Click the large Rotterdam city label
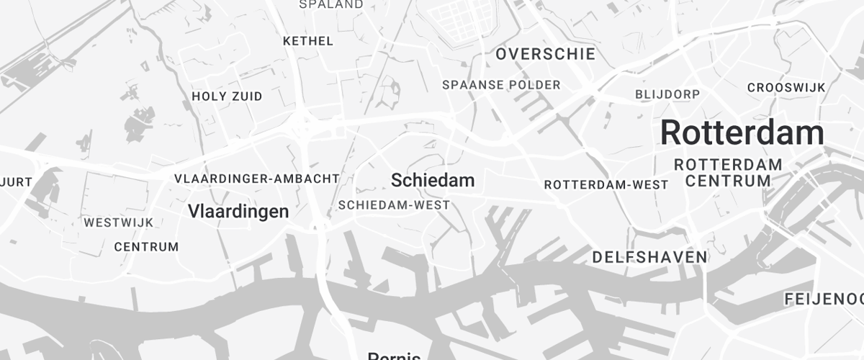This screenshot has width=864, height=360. (x=742, y=133)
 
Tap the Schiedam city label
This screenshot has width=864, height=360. (x=432, y=180)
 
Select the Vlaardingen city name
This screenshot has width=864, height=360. (x=238, y=211)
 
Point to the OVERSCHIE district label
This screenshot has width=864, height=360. (x=545, y=54)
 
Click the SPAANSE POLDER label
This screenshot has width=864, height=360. (x=501, y=85)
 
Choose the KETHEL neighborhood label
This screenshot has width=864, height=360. (x=308, y=41)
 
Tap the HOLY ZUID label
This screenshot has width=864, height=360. (x=227, y=96)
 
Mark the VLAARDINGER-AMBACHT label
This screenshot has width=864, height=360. (x=256, y=178)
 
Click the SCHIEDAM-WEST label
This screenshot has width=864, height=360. (x=394, y=205)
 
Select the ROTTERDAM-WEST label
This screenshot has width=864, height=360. (x=606, y=185)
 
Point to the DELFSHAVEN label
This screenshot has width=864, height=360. (x=649, y=257)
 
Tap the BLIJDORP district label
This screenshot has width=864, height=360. (x=667, y=94)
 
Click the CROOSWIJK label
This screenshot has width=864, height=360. (x=786, y=88)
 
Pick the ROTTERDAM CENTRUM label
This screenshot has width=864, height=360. (x=728, y=173)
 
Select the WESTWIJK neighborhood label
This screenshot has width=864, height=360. (x=118, y=222)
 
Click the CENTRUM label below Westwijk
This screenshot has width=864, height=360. (x=146, y=247)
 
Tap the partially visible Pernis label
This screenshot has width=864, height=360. (x=394, y=355)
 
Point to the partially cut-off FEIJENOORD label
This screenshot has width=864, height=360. (x=824, y=298)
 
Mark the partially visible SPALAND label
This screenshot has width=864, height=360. (x=330, y=4)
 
